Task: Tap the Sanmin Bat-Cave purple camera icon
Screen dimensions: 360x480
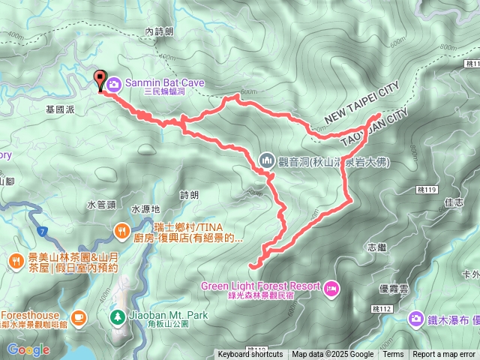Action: click(x=112, y=83)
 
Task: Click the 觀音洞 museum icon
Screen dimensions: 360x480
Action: click(x=267, y=160)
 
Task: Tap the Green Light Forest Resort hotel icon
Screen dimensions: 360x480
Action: click(x=331, y=286)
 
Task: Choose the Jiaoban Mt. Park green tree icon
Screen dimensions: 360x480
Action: click(x=117, y=316)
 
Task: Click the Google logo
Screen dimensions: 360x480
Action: click(x=28, y=349)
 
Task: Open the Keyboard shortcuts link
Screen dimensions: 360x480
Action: click(x=250, y=355)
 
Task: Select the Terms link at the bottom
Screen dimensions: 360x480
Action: click(x=393, y=355)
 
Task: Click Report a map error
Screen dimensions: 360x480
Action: click(x=444, y=355)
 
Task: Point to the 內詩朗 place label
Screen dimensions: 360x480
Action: click(x=159, y=31)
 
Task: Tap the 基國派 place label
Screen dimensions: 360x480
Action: click(x=61, y=109)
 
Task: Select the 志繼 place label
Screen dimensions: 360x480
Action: click(x=377, y=247)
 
